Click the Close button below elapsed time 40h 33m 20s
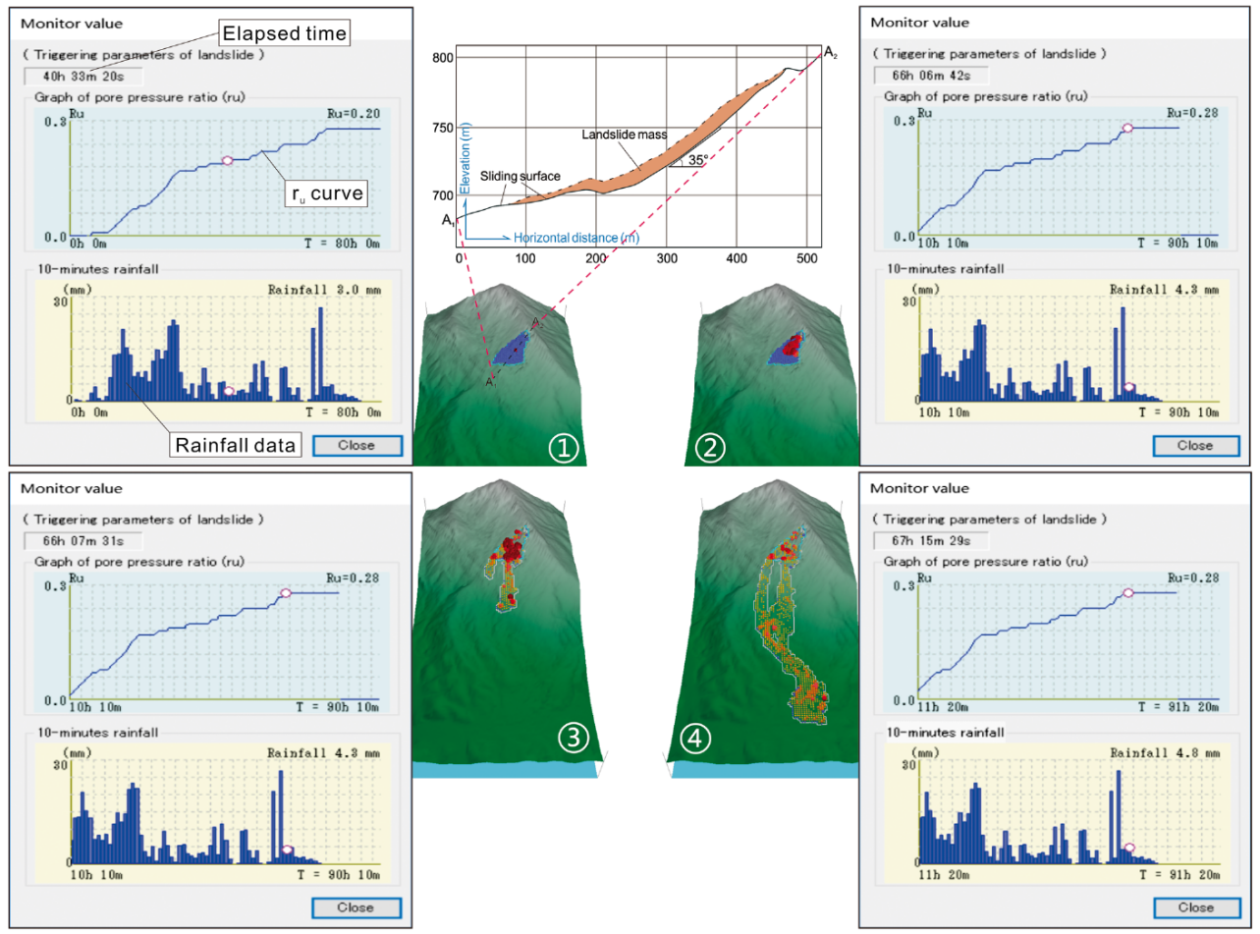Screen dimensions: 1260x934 click(357, 446)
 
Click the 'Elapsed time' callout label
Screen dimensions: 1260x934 click(284, 33)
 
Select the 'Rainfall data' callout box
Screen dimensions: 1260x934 click(235, 445)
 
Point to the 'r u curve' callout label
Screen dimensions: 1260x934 click(327, 193)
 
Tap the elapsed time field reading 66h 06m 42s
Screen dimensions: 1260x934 click(931, 76)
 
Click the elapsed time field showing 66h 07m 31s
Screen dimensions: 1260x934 click(82, 541)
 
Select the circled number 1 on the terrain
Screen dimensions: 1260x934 click(563, 448)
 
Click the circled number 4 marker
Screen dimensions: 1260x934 click(694, 739)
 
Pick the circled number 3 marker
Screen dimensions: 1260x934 click(574, 738)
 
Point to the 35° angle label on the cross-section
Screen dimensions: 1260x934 click(698, 160)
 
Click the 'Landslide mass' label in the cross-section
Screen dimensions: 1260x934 click(624, 135)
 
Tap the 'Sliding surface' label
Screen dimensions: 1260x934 click(520, 176)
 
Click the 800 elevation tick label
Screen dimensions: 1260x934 click(443, 58)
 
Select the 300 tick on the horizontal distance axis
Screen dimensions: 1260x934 click(667, 258)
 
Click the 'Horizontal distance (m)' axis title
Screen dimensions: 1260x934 click(576, 238)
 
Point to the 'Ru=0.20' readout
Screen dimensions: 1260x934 click(354, 114)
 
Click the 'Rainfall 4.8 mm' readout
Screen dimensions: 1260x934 click(1165, 752)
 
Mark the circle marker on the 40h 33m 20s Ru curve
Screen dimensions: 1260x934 click(227, 161)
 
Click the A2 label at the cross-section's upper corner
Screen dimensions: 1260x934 click(831, 53)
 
